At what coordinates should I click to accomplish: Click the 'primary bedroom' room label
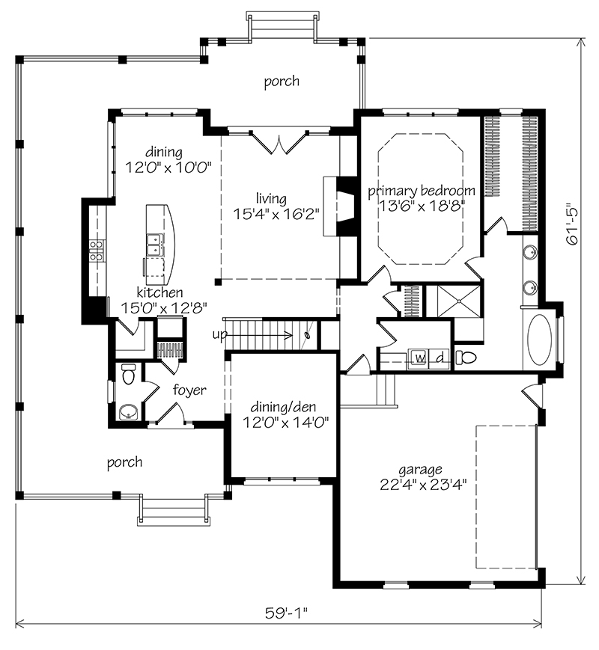click(421, 190)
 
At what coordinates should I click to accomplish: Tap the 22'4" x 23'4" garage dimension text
click(424, 482)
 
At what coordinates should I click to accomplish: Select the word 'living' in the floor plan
click(271, 198)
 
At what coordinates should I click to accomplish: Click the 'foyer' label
click(190, 390)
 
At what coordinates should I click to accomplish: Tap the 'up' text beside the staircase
click(219, 334)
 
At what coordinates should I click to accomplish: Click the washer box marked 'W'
click(420, 358)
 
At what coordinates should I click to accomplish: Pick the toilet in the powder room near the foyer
click(127, 374)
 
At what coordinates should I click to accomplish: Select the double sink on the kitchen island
click(155, 243)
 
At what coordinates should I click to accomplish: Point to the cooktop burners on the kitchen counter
click(96, 251)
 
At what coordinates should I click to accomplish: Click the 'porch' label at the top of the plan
click(282, 81)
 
